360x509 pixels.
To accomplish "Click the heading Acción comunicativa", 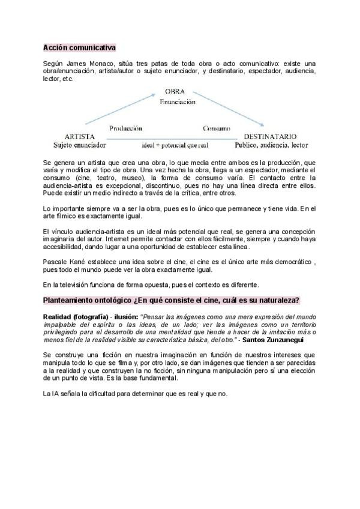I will pos(80,47).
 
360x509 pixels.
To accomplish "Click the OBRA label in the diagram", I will pos(175,92).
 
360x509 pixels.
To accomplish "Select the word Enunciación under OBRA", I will pos(178,101).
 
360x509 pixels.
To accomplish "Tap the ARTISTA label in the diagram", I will pos(79,136).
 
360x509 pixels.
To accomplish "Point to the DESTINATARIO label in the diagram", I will pos(271,136).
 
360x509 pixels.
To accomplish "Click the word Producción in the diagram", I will pos(125,128).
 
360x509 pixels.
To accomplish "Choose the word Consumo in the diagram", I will pos(216,128).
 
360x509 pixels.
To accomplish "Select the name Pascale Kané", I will pos(64,261).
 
